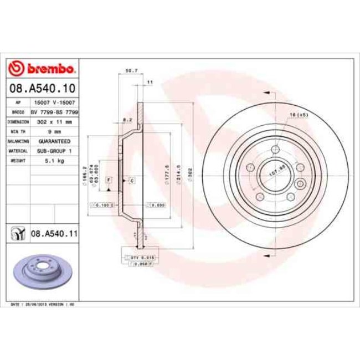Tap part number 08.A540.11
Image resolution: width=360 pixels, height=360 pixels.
pos(54,235)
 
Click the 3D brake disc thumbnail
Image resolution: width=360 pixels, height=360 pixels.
pos(40,275)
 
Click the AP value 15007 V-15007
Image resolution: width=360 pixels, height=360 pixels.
pos(54,102)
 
